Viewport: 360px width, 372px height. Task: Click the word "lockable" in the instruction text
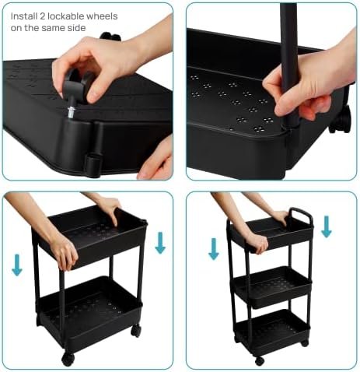pyautogui.click(x=66, y=16)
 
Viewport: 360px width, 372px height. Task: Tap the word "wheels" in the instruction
pyautogui.click(x=102, y=16)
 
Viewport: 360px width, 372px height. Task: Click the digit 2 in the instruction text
pyautogui.click(x=43, y=16)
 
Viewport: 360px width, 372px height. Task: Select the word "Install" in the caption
pyautogui.click(x=24, y=16)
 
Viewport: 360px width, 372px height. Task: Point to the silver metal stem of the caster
pyautogui.click(x=70, y=113)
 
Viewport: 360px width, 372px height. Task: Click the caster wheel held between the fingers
pyautogui.click(x=78, y=83)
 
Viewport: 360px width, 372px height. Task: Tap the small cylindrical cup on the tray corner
pyautogui.click(x=93, y=165)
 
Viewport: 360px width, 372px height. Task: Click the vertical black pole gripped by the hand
pyautogui.click(x=289, y=65)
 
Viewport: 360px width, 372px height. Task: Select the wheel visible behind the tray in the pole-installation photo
pyautogui.click(x=341, y=120)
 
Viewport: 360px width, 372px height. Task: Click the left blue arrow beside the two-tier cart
pyautogui.click(x=17, y=265)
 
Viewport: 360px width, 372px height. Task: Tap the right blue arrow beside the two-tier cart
pyautogui.click(x=160, y=243)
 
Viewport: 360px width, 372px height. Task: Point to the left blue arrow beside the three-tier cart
pyautogui.click(x=214, y=249)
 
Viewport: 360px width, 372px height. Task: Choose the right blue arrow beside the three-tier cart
pyautogui.click(x=327, y=226)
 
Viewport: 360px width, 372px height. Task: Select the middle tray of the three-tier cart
pyautogui.click(x=272, y=287)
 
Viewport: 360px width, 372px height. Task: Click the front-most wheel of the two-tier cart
pyautogui.click(x=68, y=359)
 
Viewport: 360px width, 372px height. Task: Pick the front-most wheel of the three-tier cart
pyautogui.click(x=259, y=360)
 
